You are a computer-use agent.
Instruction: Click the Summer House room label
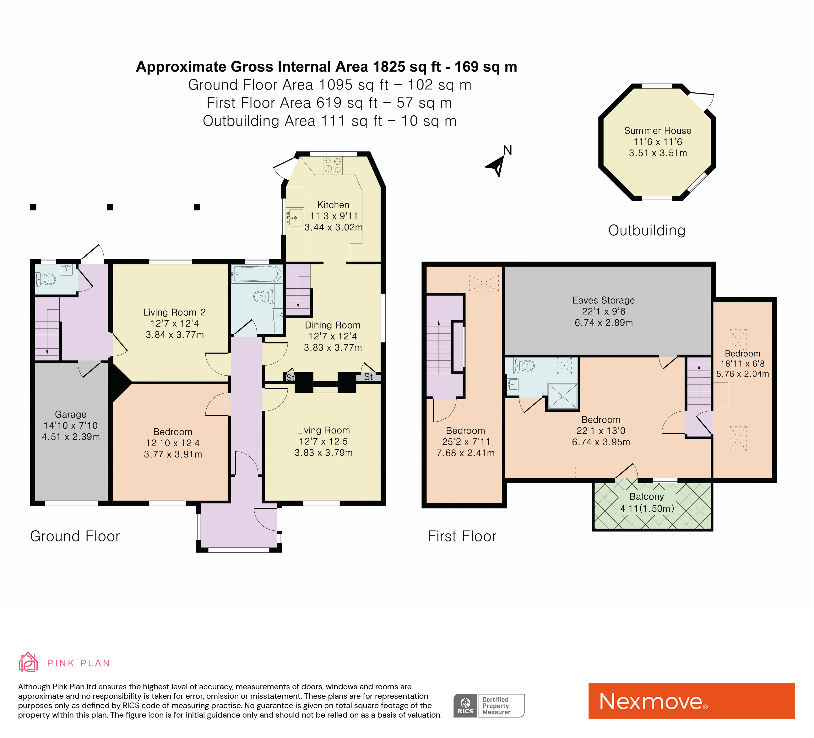point(658,131)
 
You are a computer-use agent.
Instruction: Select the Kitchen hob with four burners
point(333,165)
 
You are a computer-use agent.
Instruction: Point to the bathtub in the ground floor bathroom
point(257,274)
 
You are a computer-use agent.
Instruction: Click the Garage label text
point(71,414)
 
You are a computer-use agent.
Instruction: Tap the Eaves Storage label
point(603,300)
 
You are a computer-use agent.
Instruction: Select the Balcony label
point(646,497)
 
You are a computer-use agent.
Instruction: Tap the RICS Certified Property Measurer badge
point(489,706)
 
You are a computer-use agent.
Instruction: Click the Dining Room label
point(332,325)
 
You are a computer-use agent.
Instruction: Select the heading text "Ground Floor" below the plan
point(75,536)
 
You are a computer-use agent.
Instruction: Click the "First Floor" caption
point(462,536)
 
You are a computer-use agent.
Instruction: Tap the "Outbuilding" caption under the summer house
point(647,231)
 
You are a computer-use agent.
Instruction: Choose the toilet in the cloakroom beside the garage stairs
point(46,279)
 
